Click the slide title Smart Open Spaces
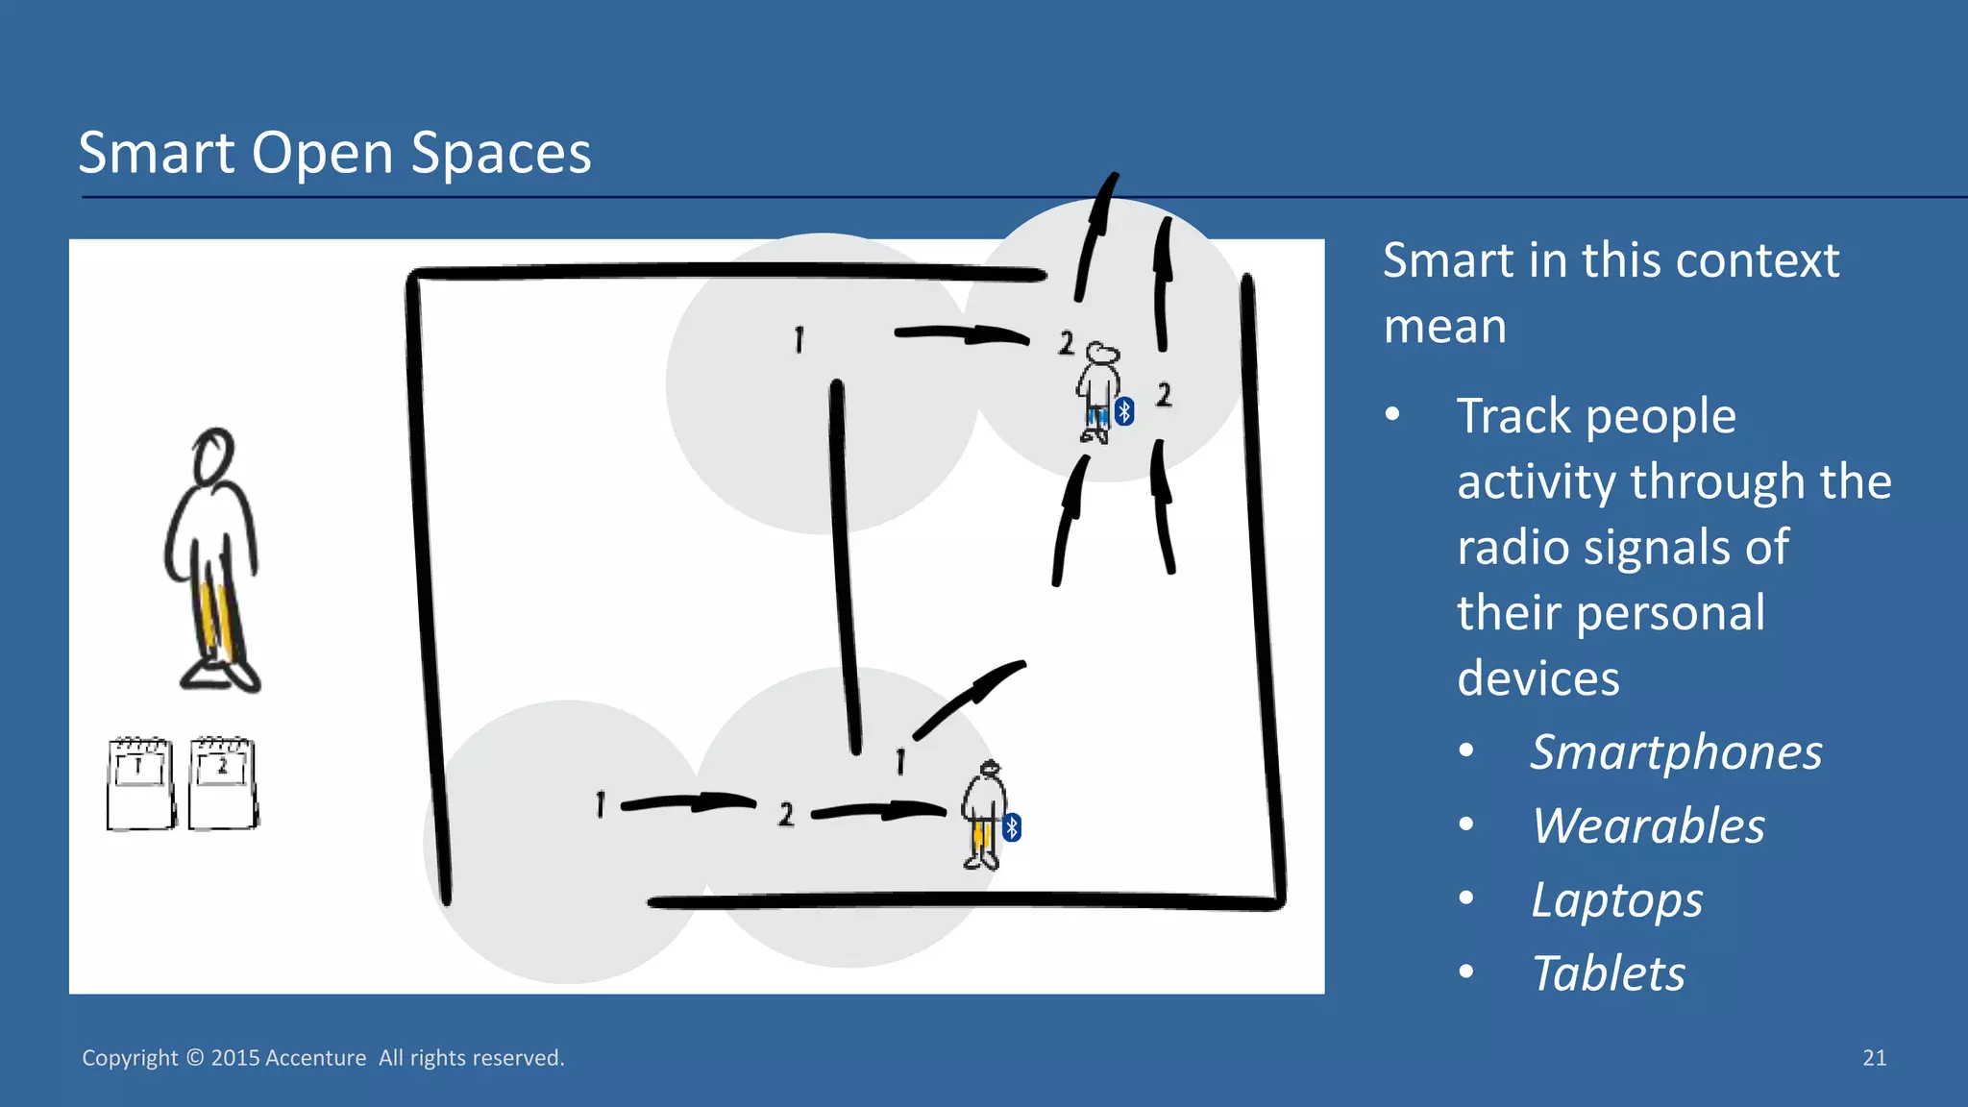pos(334,153)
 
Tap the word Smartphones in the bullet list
pos(1676,751)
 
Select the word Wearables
pos(1648,825)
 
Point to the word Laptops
pos(1616,900)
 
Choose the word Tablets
pos(1608,973)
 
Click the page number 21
pos(1874,1058)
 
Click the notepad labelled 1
pos(140,783)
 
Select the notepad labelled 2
pos(223,783)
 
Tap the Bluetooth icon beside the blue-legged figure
pos(1124,411)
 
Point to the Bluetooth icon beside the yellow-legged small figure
pos(1012,827)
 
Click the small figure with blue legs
pos(1097,392)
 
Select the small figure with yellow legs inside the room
pos(984,815)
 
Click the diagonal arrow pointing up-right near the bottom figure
pos(970,698)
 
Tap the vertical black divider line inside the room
pos(846,567)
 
